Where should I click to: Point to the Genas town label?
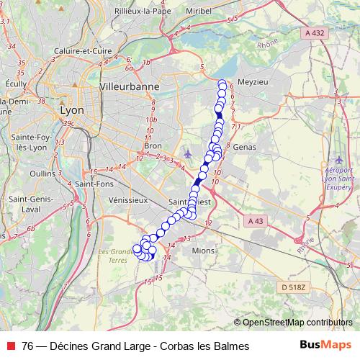[246, 146]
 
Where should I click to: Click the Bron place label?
[153, 145]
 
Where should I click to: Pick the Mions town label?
[204, 250]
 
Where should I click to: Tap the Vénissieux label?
[127, 199]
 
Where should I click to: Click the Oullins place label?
[42, 174]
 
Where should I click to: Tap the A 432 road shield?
[314, 32]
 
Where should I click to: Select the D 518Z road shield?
[293, 287]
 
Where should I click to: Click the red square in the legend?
[11, 346]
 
